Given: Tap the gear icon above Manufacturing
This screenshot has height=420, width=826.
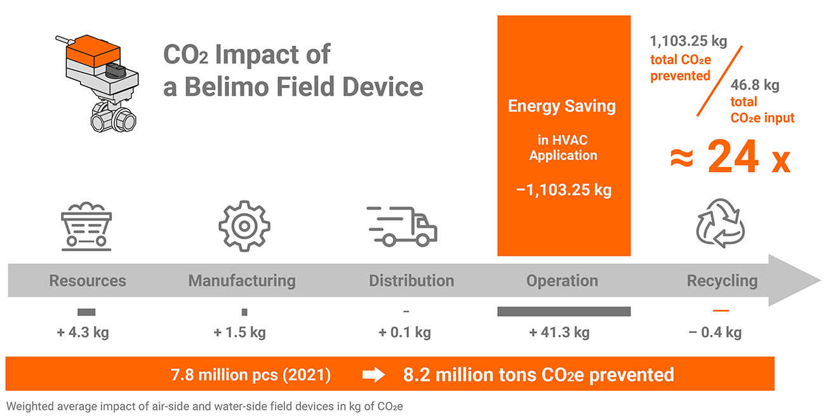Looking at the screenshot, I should (x=244, y=226).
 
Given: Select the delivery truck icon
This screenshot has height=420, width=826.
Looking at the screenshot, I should (x=401, y=226).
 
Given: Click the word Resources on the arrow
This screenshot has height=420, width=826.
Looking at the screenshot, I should (x=88, y=280).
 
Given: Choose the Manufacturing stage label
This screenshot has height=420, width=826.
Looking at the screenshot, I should (x=242, y=280).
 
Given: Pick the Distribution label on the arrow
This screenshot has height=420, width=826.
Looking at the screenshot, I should (x=411, y=280).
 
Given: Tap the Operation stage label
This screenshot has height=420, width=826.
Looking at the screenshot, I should (x=563, y=280).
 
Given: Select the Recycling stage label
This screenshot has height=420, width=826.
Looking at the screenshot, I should (x=722, y=280).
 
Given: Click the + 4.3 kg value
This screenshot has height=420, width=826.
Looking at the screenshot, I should (x=83, y=332).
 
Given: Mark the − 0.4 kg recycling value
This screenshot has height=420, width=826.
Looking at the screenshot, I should (x=715, y=332).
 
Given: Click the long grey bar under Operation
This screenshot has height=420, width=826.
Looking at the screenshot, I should (x=564, y=312).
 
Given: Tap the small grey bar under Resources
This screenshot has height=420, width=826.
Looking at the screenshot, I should (x=86, y=312).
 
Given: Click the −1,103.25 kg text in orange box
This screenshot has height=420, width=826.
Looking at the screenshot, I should (x=564, y=190).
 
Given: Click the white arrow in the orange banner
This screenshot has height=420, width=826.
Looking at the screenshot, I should (x=373, y=375).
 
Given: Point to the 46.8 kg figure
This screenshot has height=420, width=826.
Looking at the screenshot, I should (x=755, y=84).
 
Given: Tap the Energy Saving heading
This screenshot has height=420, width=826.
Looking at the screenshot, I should (x=562, y=106).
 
